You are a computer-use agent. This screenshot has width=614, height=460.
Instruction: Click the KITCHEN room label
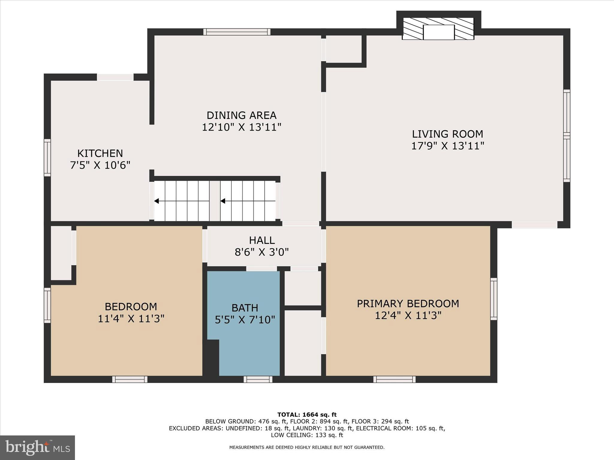100,153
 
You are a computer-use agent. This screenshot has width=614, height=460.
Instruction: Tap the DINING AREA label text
241,115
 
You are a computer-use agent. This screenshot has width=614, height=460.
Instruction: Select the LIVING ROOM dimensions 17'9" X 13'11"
447,146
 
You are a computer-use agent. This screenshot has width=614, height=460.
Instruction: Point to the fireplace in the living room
438,29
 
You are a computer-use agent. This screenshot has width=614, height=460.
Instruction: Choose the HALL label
262,240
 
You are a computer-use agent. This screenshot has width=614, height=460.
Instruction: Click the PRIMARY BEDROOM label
408,304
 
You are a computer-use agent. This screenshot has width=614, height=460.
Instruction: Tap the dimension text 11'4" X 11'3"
131,319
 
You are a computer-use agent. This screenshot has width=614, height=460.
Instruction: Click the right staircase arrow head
223,201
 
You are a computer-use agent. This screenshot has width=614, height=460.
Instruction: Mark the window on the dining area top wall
237,32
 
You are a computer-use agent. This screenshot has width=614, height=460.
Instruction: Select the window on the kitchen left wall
47,158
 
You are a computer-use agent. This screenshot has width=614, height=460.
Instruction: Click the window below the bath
258,379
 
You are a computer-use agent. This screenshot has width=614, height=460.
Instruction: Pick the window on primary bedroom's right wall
493,299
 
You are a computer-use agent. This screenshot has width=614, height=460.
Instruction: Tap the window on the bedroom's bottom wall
130,379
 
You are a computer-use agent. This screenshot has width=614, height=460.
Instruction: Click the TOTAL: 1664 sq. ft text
307,415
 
